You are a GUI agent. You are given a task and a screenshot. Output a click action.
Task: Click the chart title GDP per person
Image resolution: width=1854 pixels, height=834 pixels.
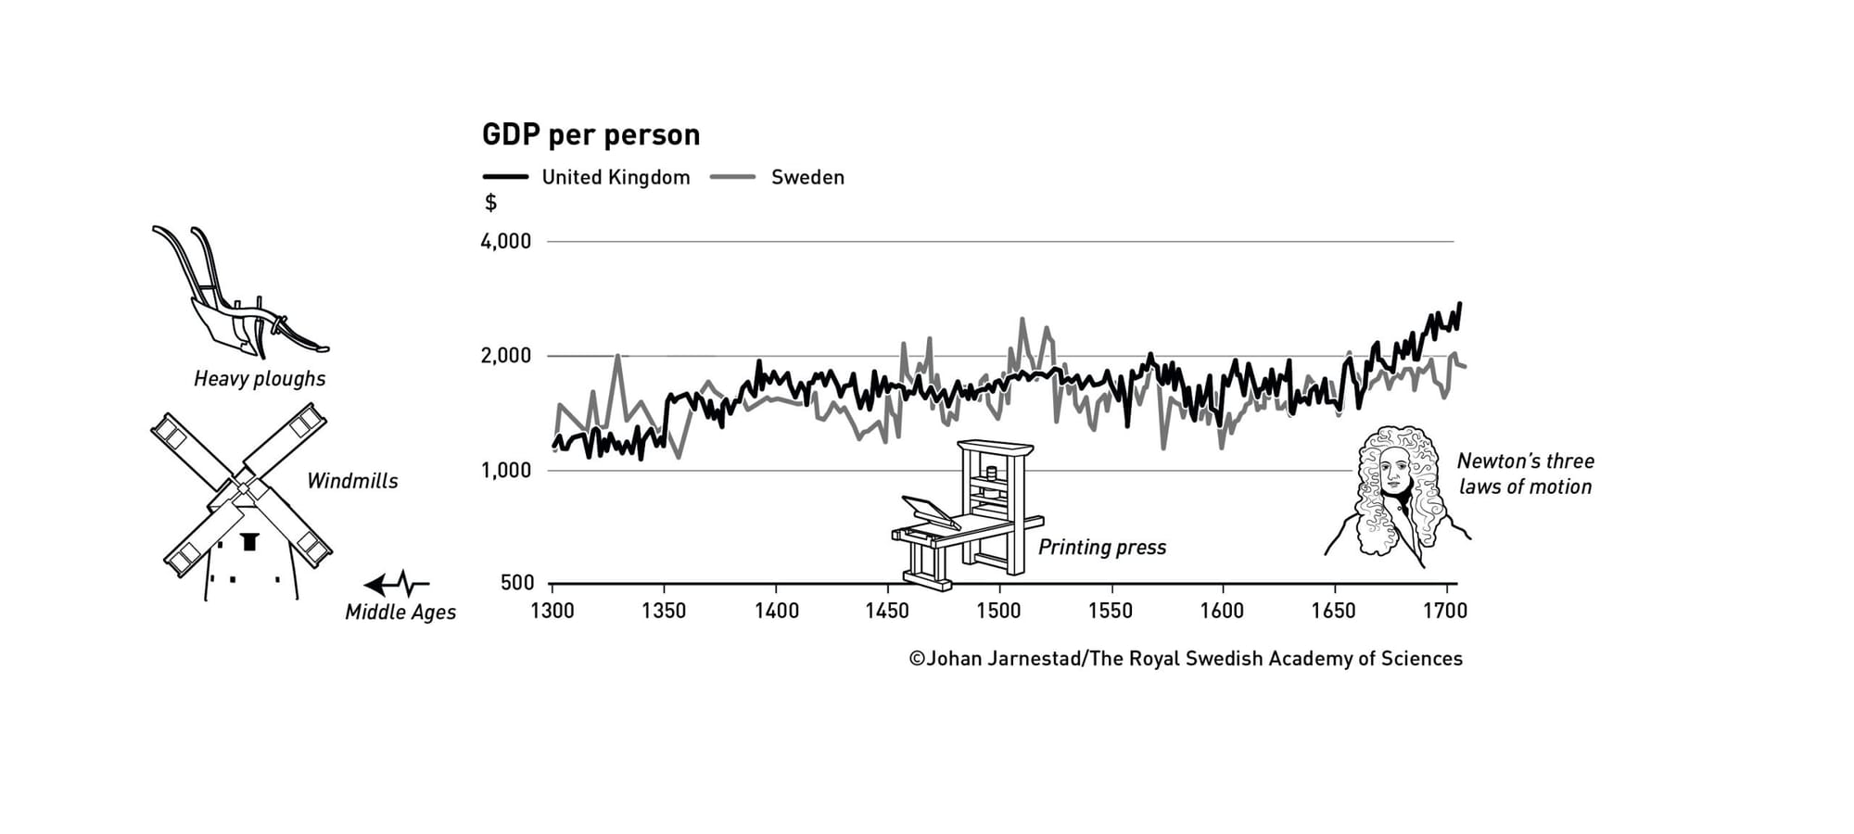[590, 135]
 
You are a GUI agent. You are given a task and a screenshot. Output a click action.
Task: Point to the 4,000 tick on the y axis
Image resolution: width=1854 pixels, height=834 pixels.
[506, 242]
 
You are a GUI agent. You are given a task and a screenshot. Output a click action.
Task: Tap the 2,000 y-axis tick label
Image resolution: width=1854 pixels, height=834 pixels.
[506, 356]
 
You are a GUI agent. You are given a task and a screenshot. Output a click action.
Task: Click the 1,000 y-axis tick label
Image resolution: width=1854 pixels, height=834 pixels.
[506, 471]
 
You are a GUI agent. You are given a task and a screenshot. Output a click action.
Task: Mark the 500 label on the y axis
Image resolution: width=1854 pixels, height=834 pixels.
[517, 583]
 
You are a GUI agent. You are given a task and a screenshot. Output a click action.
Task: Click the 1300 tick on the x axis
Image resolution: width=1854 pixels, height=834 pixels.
[552, 611]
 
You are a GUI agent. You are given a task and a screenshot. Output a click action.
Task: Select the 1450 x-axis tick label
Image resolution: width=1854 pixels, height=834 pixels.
[887, 611]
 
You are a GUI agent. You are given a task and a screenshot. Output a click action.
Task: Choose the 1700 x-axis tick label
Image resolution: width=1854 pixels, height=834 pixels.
[1445, 611]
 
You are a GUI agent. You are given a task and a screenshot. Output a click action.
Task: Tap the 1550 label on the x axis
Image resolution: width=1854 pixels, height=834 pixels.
[1111, 611]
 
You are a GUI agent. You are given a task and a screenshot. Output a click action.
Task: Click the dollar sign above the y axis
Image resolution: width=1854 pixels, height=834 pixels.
[491, 203]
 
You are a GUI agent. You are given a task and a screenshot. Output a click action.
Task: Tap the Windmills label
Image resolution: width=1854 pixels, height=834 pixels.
[352, 481]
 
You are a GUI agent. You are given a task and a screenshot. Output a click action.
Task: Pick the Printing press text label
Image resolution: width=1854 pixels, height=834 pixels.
[1102, 548]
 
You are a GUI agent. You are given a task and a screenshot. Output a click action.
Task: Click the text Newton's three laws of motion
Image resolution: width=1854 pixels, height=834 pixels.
[1525, 474]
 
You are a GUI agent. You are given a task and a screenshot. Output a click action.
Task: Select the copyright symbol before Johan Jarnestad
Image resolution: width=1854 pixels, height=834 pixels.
[917, 659]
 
